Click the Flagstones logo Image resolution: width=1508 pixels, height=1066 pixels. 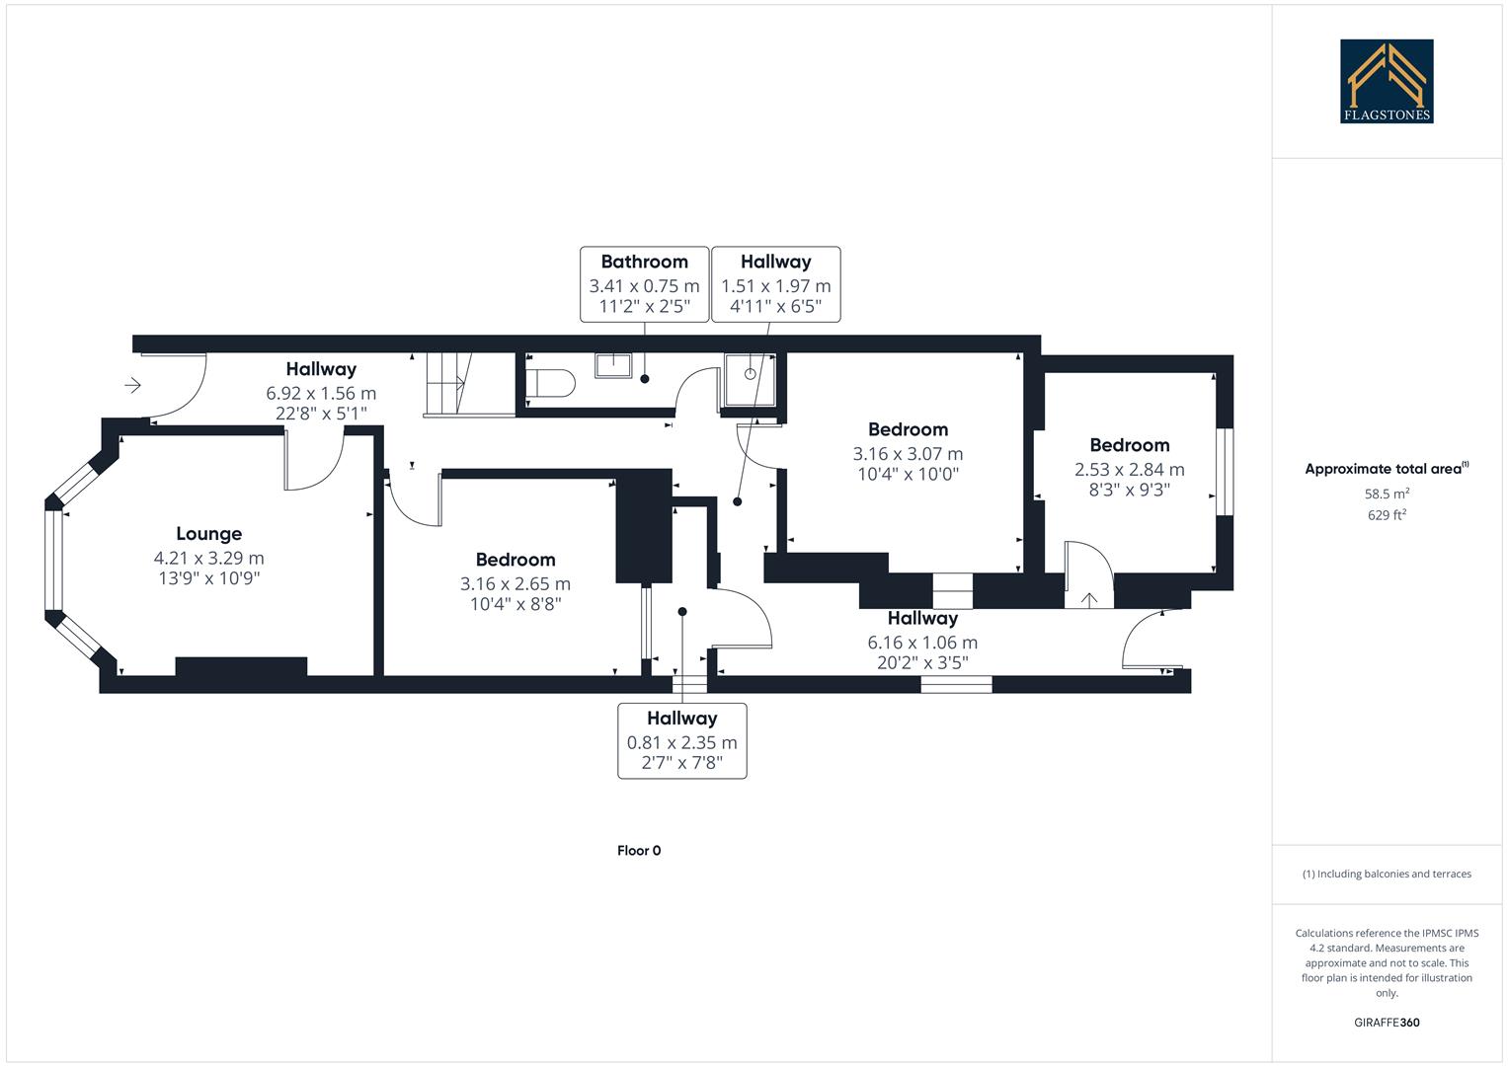pyautogui.click(x=1387, y=81)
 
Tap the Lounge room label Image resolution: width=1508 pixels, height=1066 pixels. pyautogui.click(x=208, y=534)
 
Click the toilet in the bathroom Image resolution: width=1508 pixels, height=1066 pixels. pyautogui.click(x=550, y=384)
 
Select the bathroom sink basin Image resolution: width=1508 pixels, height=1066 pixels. pyautogui.click(x=612, y=365)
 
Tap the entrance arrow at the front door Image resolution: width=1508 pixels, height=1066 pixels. pyautogui.click(x=133, y=385)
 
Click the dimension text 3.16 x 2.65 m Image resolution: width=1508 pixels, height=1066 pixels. pyautogui.click(x=515, y=583)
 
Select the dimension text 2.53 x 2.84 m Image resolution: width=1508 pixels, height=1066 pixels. pyautogui.click(x=1129, y=469)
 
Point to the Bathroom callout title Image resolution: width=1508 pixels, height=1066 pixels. pyautogui.click(x=644, y=262)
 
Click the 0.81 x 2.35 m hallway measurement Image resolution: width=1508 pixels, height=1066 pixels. pyautogui.click(x=681, y=742)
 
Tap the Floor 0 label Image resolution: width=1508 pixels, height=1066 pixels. pyautogui.click(x=639, y=851)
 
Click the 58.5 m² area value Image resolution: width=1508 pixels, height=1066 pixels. pyautogui.click(x=1387, y=494)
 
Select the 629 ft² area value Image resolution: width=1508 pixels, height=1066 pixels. pyautogui.click(x=1387, y=514)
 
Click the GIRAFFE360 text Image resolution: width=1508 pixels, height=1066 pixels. pyautogui.click(x=1387, y=1023)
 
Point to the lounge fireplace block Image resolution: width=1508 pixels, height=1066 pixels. pyautogui.click(x=241, y=666)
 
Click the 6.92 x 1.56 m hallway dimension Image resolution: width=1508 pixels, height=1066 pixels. pyautogui.click(x=321, y=393)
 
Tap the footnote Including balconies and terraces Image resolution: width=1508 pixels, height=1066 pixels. pyautogui.click(x=1387, y=874)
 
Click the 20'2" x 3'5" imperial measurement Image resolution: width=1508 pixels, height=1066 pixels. pyautogui.click(x=922, y=663)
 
